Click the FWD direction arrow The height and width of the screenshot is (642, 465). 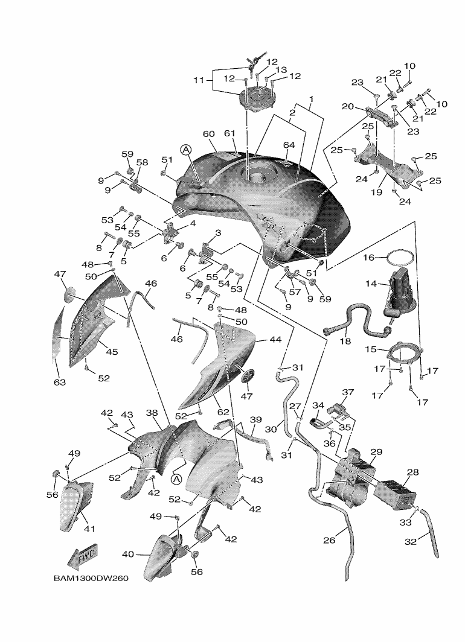(x=82, y=556)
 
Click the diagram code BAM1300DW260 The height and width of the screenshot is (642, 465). (x=91, y=579)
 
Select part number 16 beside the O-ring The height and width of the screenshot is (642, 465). (x=369, y=257)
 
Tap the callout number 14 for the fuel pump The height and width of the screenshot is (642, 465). (x=371, y=284)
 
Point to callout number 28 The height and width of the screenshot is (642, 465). (x=412, y=472)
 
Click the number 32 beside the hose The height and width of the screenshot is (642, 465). (x=411, y=542)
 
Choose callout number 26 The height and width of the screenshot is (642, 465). (x=329, y=541)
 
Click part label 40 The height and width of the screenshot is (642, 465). (x=128, y=555)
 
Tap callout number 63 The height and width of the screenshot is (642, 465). (x=60, y=383)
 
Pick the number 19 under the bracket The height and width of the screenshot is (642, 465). (x=376, y=192)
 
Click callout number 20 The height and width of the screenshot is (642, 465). (x=348, y=106)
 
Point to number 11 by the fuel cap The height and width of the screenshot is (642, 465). (x=199, y=80)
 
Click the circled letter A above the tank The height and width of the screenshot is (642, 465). (x=185, y=151)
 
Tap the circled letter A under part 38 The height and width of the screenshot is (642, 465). (x=176, y=479)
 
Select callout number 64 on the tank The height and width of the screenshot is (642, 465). (x=289, y=145)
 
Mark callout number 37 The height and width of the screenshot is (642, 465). (x=348, y=392)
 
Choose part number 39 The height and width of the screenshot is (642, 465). (x=255, y=420)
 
